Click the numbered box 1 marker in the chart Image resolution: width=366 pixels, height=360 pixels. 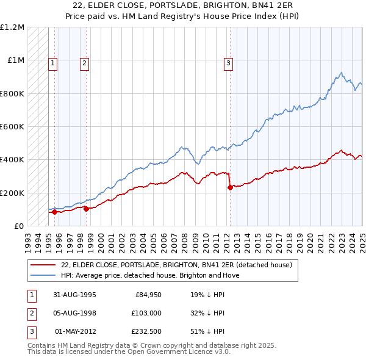(x=53, y=62)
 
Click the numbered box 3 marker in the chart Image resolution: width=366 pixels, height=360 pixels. (x=228, y=62)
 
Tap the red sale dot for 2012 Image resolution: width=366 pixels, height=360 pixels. (x=230, y=188)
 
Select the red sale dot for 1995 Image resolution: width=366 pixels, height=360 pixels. (x=55, y=212)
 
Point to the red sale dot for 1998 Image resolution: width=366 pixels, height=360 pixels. (x=86, y=209)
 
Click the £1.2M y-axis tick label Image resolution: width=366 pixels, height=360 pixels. (x=12, y=27)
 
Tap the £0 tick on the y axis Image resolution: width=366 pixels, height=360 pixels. (x=18, y=226)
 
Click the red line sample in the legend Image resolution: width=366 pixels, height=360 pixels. (x=43, y=265)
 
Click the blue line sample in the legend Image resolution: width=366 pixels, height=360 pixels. (x=43, y=275)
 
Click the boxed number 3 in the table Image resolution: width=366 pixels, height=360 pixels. (x=31, y=331)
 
